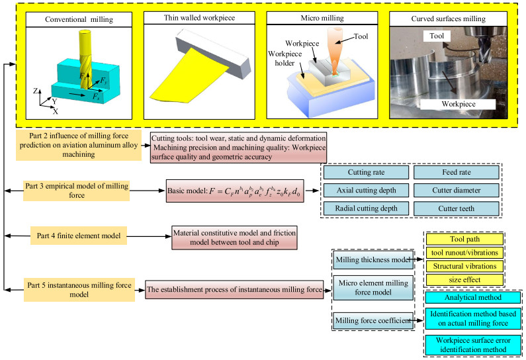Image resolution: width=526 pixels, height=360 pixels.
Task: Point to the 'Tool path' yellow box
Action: [x=463, y=238]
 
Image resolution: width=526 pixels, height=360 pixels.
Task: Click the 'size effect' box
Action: [x=463, y=279]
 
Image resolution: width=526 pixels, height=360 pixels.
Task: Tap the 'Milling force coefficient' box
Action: [x=373, y=321]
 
